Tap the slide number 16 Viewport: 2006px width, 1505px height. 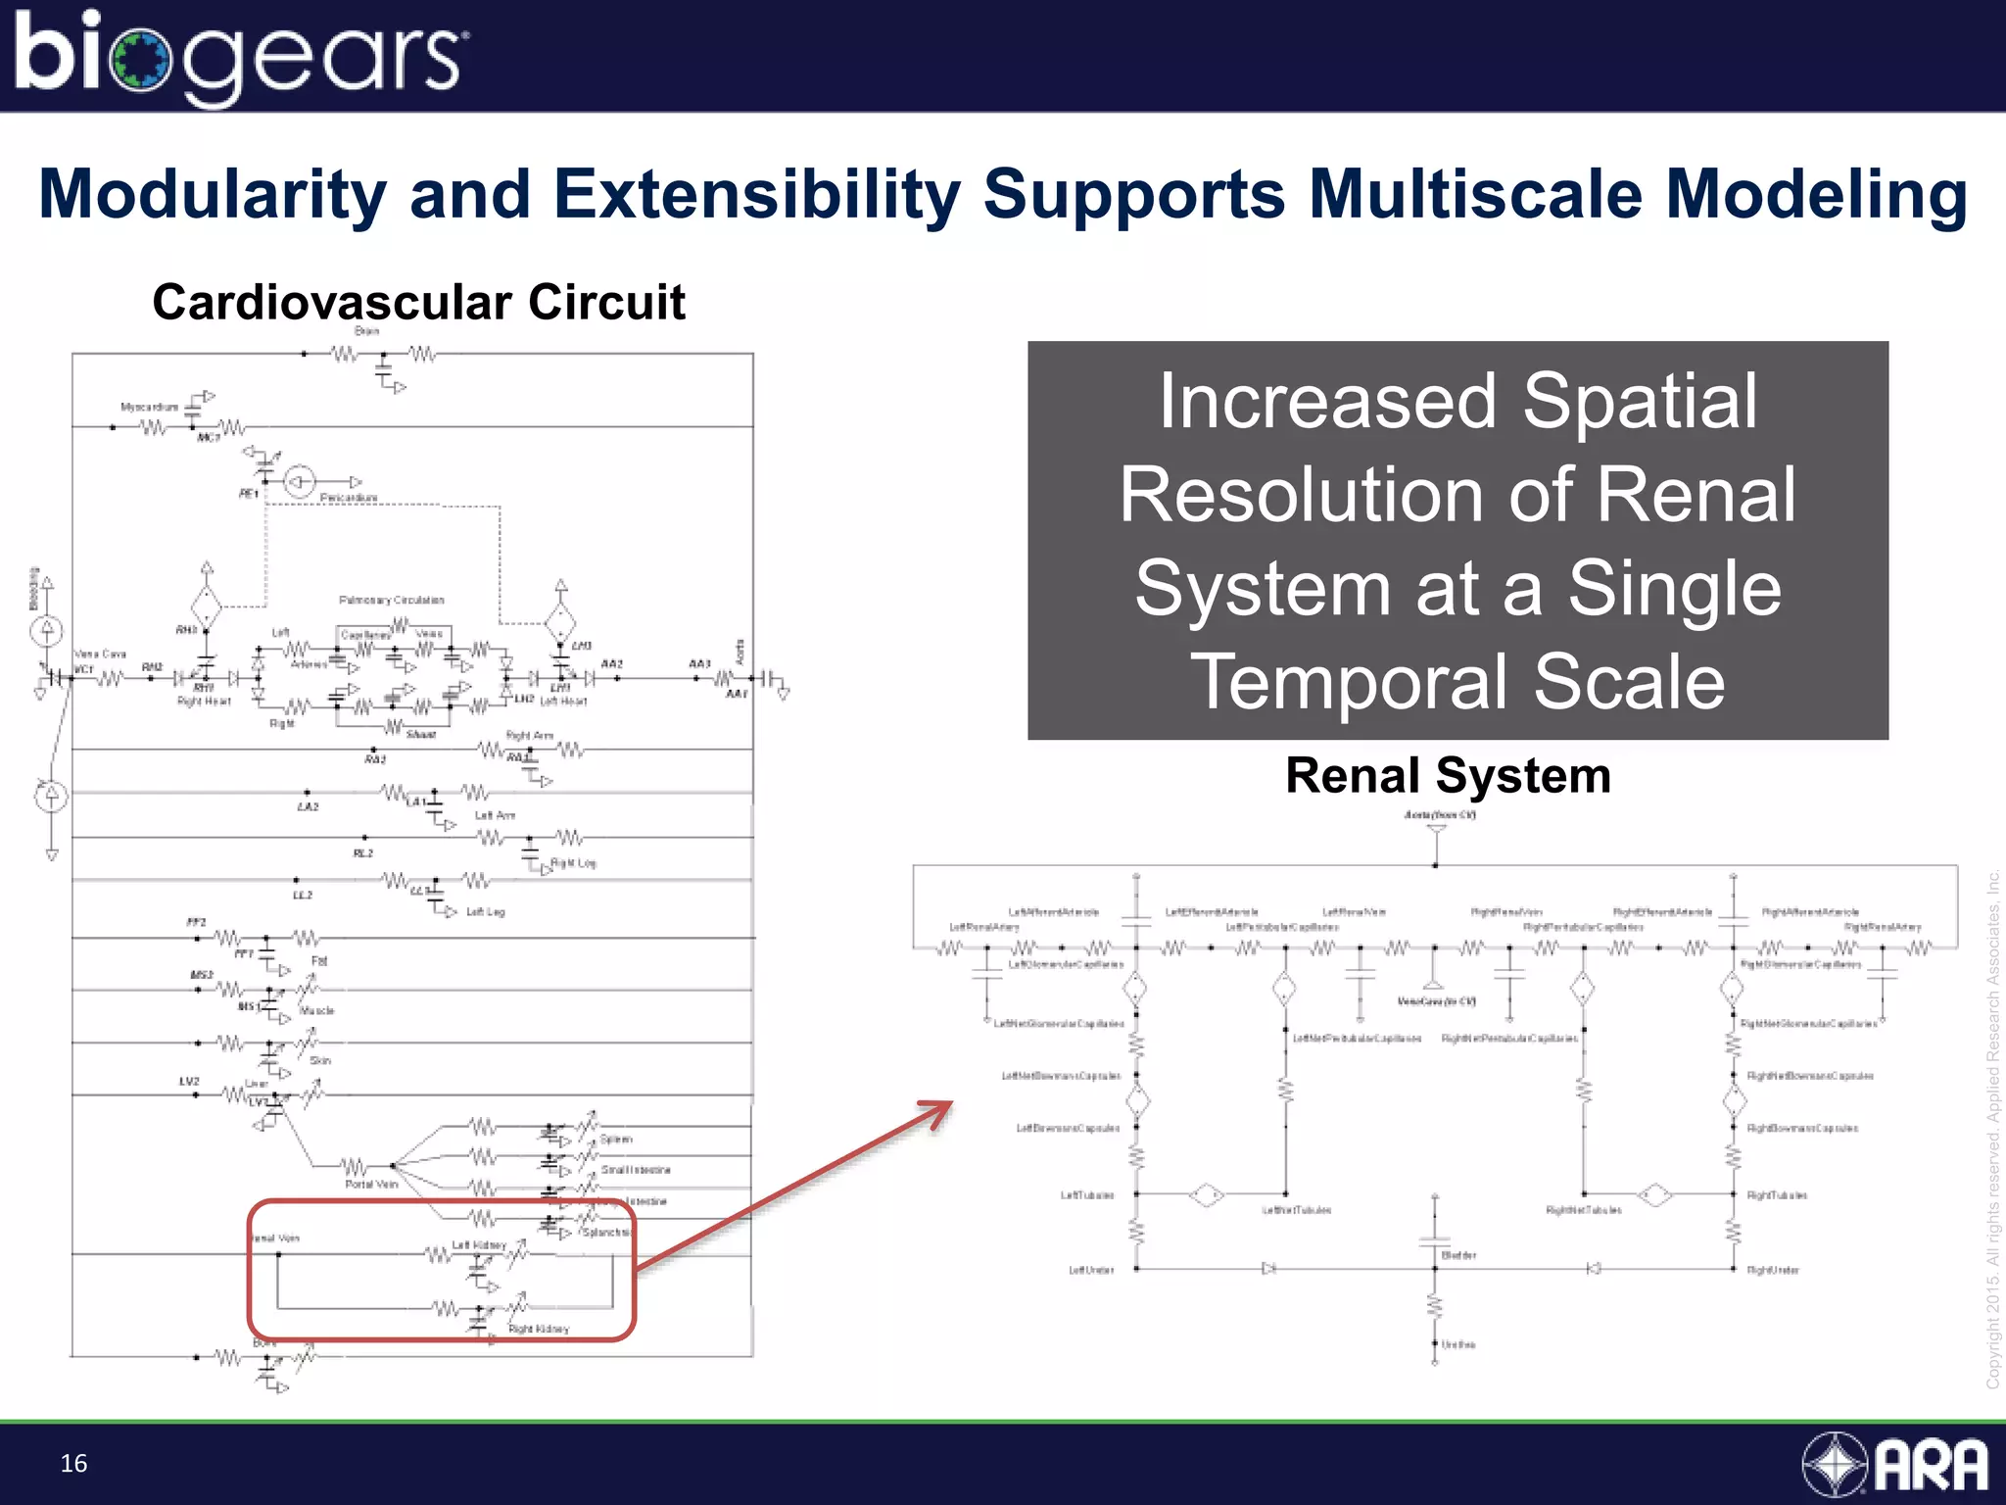[73, 1463]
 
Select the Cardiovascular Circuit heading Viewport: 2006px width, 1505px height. [418, 302]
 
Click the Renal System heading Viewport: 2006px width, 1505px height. [1448, 776]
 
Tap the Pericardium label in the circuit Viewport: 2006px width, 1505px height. [349, 498]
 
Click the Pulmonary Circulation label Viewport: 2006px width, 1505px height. [391, 600]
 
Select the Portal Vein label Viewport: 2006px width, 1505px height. [371, 1185]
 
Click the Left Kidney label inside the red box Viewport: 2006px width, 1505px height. [479, 1245]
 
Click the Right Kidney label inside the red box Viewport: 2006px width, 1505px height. [539, 1330]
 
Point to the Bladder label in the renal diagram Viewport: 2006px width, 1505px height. [1458, 1255]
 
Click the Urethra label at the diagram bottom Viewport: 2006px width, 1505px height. [1458, 1345]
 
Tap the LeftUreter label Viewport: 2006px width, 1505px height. [1090, 1270]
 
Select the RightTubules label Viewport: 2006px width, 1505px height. [1777, 1195]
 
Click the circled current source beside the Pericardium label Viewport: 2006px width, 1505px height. [300, 481]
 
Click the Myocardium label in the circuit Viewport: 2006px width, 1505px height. [149, 407]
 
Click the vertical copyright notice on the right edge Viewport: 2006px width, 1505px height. [1992, 1127]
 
